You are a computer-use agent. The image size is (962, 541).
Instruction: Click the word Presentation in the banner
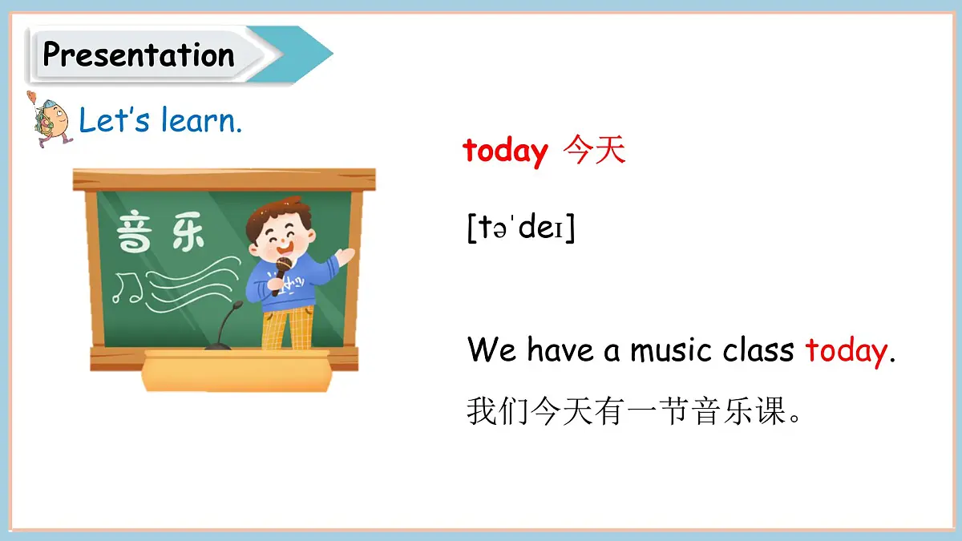pos(138,55)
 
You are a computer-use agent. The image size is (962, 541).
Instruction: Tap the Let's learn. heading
pos(160,121)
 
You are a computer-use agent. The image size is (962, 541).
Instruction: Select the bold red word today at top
pos(505,150)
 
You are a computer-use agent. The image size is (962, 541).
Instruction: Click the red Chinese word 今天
pos(594,150)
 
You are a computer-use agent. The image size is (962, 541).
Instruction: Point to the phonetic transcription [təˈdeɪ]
pos(521,228)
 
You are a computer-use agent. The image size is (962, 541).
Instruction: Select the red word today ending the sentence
pos(847,350)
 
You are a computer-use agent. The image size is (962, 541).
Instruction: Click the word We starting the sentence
pos(492,350)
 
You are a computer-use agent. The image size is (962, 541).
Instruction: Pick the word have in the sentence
pos(561,350)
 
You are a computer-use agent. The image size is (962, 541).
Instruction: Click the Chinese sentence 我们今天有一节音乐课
pos(633,412)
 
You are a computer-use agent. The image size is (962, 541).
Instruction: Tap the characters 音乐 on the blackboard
pos(160,232)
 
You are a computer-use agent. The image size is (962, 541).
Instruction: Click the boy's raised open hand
pos(345,256)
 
